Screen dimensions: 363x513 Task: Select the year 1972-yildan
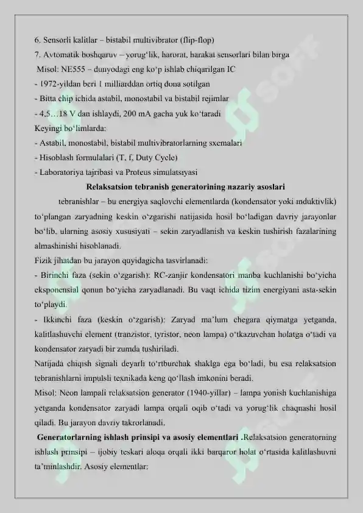(x=60, y=83)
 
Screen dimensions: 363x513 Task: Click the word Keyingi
(x=51, y=128)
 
